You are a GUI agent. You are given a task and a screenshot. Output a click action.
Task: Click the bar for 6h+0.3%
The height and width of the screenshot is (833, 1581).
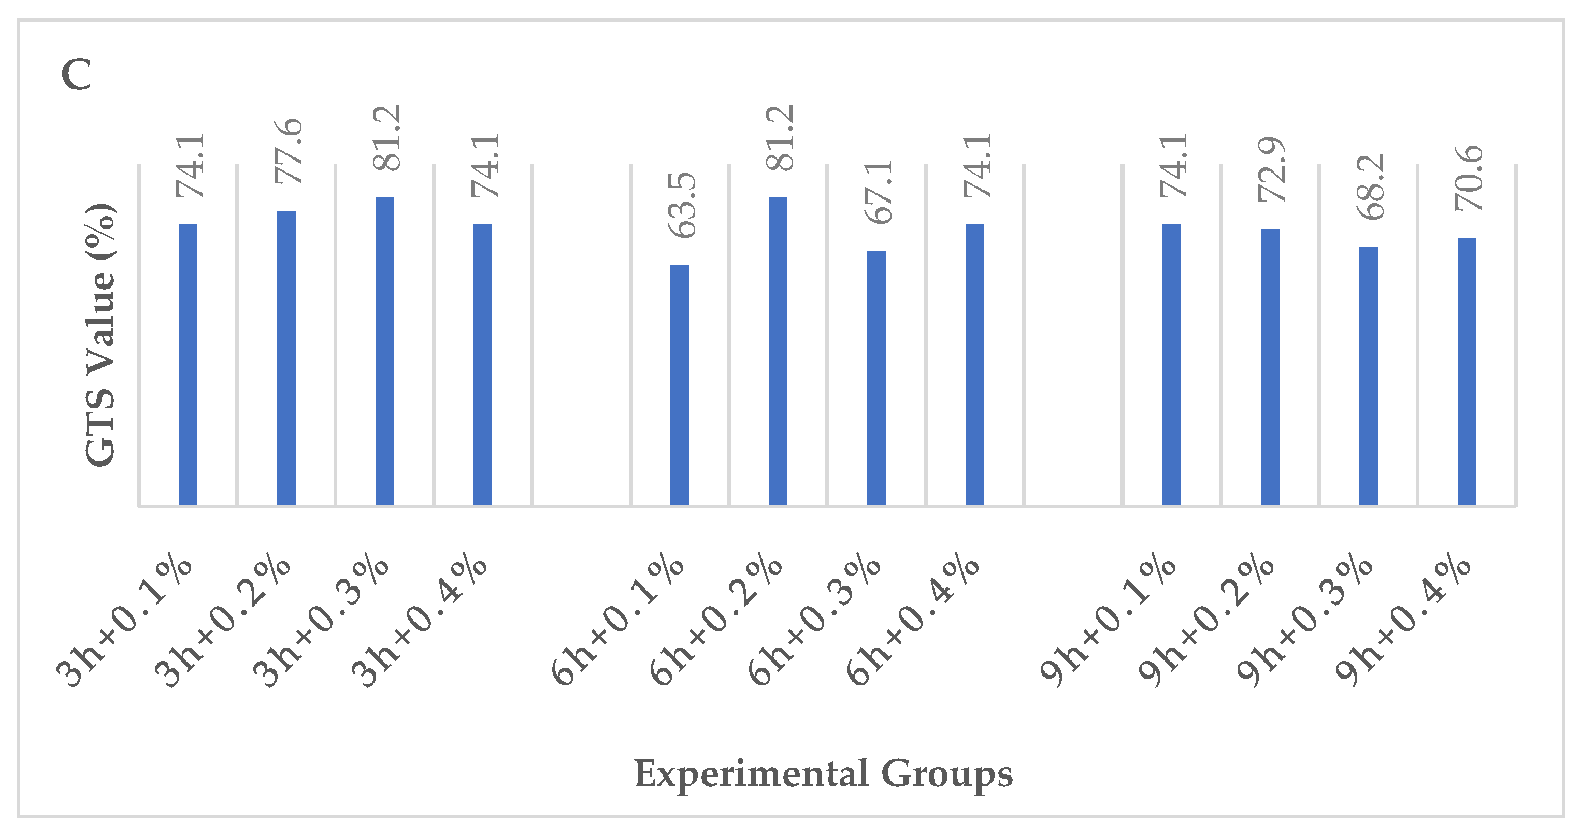pos(876,378)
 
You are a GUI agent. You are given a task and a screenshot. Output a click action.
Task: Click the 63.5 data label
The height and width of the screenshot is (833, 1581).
pos(682,206)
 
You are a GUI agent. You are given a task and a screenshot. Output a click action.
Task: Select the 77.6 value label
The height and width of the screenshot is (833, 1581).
pos(289,152)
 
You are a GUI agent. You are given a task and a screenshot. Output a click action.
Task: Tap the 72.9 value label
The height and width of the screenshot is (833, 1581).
pos(1272,170)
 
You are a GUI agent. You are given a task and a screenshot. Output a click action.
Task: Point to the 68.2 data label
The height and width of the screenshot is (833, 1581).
pos(1371,187)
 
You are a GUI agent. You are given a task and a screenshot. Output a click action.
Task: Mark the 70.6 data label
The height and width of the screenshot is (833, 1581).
pos(1469,179)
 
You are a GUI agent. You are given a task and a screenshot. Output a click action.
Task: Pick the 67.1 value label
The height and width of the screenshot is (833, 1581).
pos(878,192)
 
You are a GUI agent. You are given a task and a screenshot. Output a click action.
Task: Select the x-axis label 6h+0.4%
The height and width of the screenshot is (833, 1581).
pos(913,621)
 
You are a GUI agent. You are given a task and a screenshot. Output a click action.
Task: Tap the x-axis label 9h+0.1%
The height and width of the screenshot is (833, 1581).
pos(1108,621)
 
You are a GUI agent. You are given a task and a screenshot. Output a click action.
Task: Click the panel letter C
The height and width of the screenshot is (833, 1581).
pos(76,74)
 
